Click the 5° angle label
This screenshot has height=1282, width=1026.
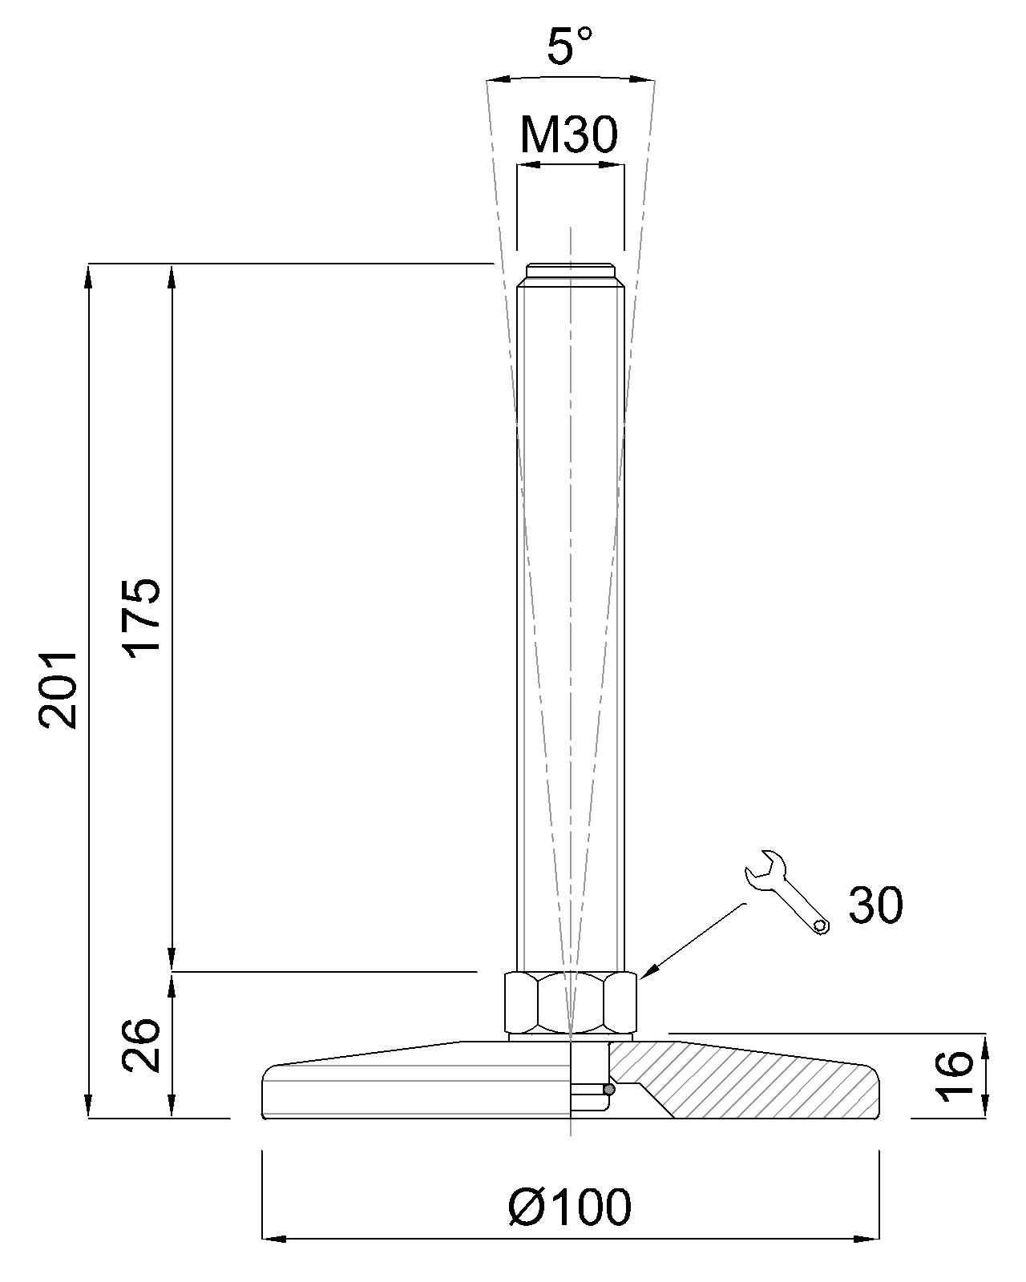click(570, 46)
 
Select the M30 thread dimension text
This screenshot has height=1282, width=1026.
click(569, 135)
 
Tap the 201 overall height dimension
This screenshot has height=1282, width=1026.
click(59, 689)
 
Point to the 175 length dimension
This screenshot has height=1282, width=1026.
click(143, 615)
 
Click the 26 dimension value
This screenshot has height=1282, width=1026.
click(143, 1045)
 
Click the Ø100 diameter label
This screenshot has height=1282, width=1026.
click(570, 1207)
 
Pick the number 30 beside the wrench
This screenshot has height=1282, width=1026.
click(875, 905)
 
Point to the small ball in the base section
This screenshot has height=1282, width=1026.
click(610, 1090)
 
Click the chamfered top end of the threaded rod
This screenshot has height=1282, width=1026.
click(570, 272)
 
